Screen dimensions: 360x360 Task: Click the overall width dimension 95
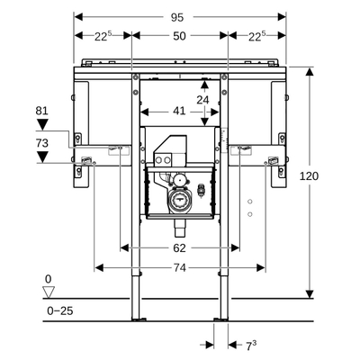coord(177,18)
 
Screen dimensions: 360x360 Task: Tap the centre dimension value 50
coord(179,36)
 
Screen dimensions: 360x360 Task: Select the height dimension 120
coord(309,176)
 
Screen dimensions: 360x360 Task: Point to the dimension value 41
coord(179,112)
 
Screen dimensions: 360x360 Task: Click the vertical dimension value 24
coord(202,100)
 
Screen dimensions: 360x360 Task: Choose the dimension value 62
coord(179,248)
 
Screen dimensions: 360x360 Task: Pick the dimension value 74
coord(179,267)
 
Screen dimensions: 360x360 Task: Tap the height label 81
coord(41,111)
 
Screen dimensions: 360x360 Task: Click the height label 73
coord(41,143)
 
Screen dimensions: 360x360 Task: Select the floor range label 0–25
coord(60,310)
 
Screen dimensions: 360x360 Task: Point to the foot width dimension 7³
coord(251,346)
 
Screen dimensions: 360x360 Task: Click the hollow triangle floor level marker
coord(49,292)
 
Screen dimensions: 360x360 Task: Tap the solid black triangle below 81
coord(42,124)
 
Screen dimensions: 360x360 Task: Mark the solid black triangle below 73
coord(42,157)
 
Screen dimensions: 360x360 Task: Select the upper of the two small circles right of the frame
coord(250,202)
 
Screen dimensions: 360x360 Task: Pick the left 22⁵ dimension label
coord(103,36)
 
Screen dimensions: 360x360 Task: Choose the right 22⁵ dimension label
coord(256,36)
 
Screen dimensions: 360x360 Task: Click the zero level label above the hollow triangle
coord(48,279)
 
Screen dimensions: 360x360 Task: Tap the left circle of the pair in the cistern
coord(158,160)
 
